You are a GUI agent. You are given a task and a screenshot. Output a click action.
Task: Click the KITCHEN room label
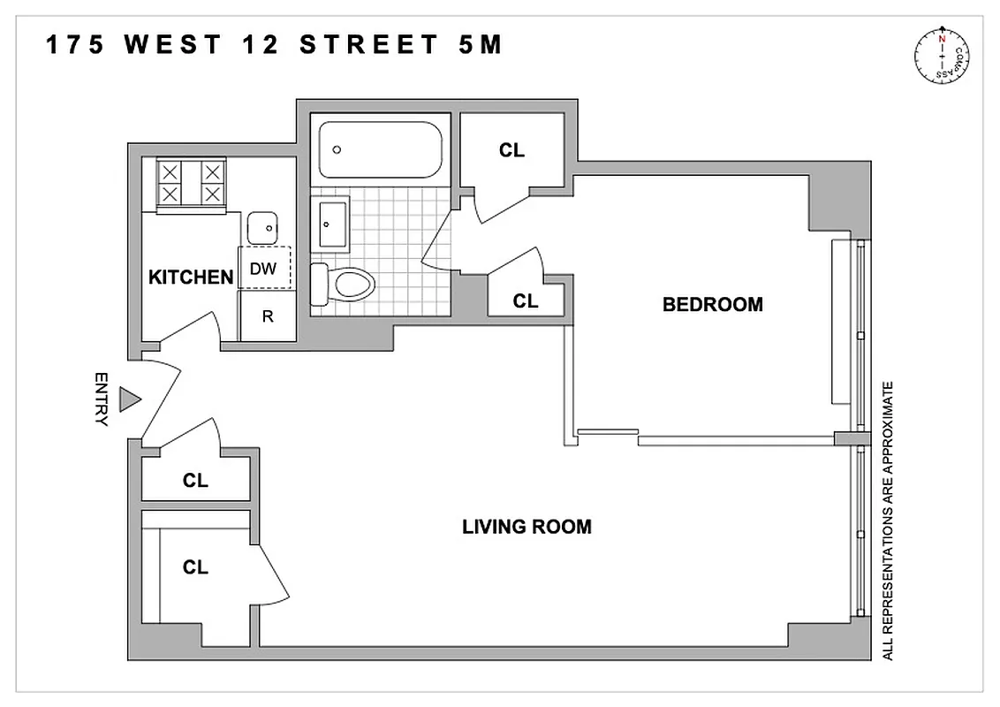(190, 277)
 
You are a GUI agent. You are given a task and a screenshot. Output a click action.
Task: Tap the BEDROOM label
(712, 305)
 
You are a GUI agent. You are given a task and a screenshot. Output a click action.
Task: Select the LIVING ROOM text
(527, 528)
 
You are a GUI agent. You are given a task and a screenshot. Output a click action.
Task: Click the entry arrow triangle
(131, 399)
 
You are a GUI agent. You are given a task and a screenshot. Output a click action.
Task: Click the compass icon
(943, 59)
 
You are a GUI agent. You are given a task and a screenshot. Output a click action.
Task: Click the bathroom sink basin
(331, 224)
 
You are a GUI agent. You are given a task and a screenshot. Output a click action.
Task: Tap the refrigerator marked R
(267, 316)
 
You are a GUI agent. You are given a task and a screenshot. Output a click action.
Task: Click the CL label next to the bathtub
(511, 151)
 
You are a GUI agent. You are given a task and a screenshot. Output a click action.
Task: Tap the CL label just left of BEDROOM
(526, 301)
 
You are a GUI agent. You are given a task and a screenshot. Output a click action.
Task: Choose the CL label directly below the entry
(195, 481)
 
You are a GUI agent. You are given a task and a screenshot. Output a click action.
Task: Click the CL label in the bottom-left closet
(195, 567)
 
